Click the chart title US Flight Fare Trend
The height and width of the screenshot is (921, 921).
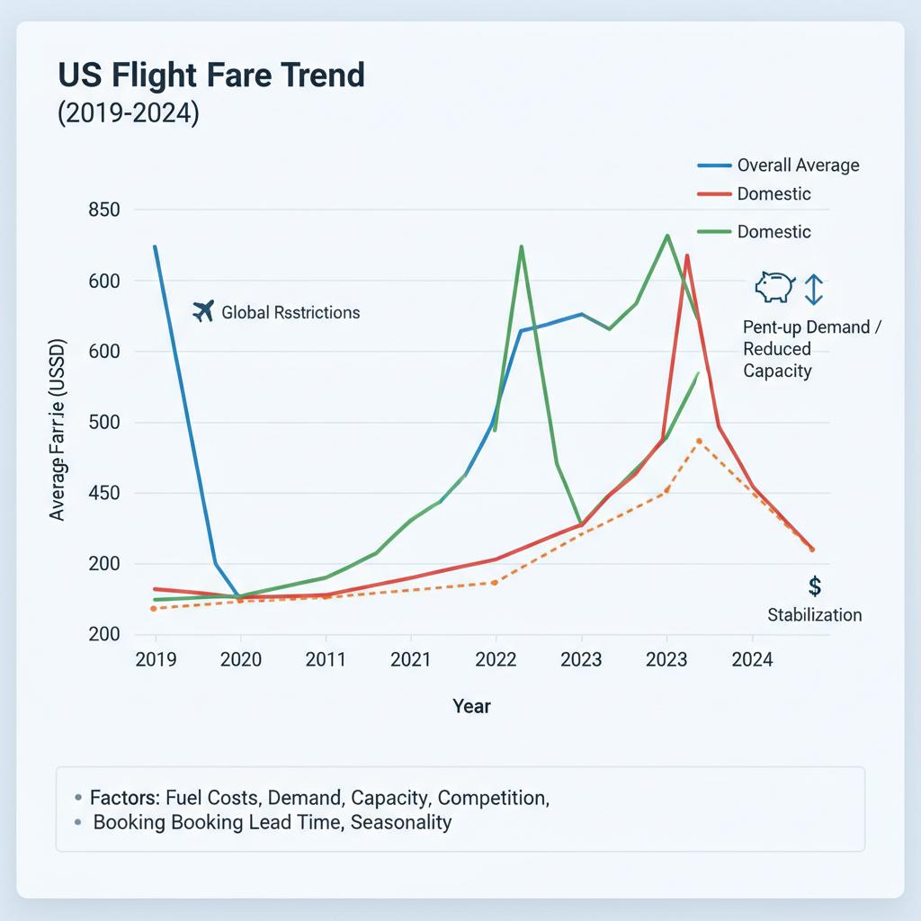(211, 75)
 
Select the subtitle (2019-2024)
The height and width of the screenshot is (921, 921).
(128, 116)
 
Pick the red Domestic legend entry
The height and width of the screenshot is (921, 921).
(773, 193)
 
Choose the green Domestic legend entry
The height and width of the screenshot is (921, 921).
(773, 232)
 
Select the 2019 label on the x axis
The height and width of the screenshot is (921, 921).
(156, 660)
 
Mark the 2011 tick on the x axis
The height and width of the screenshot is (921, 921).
(326, 660)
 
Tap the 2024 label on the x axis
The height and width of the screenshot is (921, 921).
(752, 660)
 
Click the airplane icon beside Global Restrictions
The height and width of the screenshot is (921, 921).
(203, 311)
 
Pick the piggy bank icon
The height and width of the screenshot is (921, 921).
(774, 288)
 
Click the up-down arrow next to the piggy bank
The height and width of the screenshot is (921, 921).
(813, 289)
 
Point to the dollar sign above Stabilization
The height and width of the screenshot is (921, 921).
(815, 586)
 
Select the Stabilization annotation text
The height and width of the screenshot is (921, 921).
(815, 615)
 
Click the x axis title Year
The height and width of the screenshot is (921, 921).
(472, 706)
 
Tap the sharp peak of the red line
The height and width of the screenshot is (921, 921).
(687, 255)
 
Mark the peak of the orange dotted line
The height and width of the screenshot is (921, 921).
(699, 441)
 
